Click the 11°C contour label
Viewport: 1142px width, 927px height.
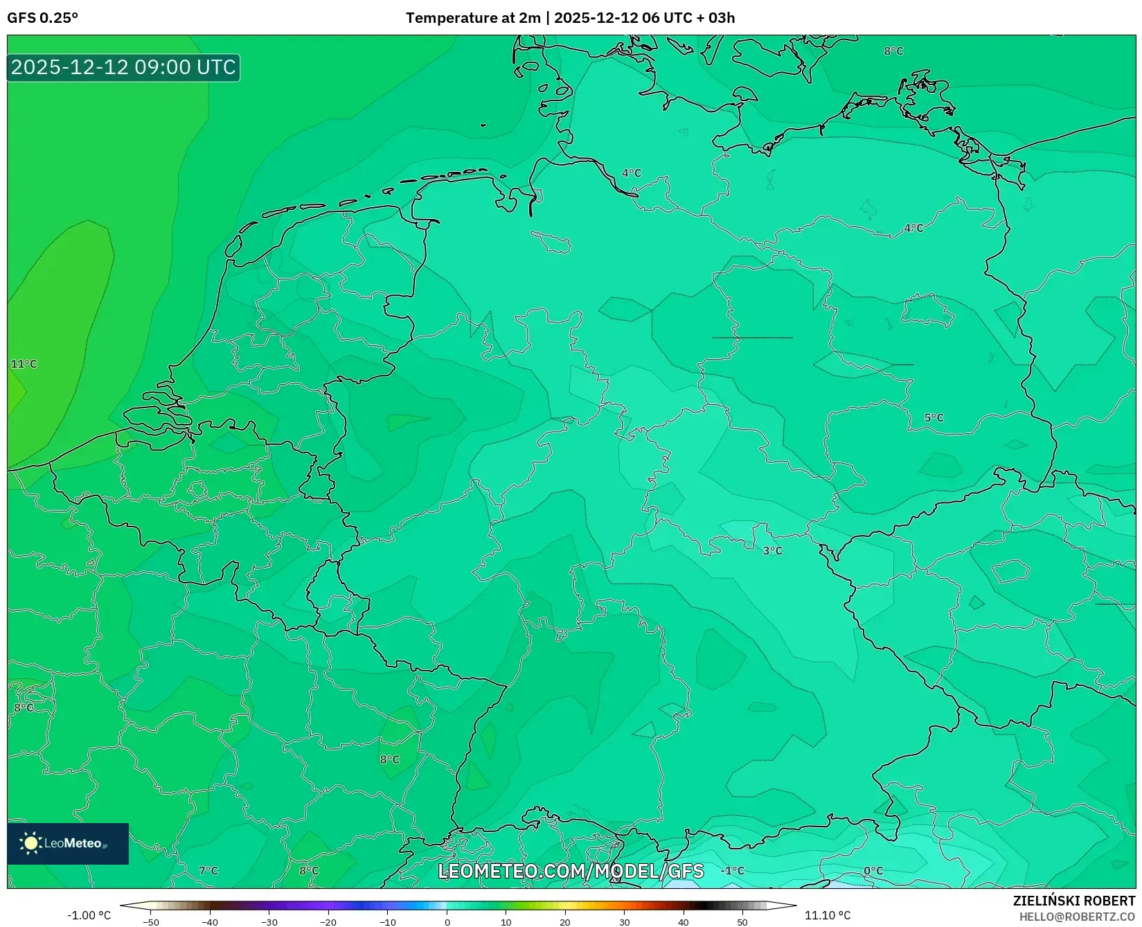click(24, 364)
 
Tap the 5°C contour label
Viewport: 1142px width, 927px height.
click(934, 418)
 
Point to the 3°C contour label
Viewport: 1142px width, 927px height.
click(772, 551)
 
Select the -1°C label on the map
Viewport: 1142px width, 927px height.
click(732, 871)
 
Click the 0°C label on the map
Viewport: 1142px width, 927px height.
click(873, 871)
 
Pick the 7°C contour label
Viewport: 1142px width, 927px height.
click(208, 871)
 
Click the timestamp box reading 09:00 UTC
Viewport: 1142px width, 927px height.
click(123, 67)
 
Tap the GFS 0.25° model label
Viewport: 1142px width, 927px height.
click(42, 18)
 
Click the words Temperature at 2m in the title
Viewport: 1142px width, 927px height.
click(472, 18)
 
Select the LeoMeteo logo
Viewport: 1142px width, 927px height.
click(68, 843)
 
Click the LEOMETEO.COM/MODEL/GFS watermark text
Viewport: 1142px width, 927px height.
click(571, 871)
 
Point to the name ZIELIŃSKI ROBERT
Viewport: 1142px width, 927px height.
click(1074, 901)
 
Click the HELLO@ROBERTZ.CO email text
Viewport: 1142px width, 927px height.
click(1077, 917)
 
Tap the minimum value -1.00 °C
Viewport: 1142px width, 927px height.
click(89, 915)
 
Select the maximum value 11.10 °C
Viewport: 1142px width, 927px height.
click(827, 915)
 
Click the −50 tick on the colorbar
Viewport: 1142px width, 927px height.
click(151, 922)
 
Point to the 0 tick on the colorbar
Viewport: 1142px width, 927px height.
click(447, 922)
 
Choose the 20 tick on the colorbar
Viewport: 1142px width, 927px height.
click(565, 922)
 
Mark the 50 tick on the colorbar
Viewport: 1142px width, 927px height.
click(742, 922)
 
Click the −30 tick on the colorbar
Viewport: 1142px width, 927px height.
click(269, 922)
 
